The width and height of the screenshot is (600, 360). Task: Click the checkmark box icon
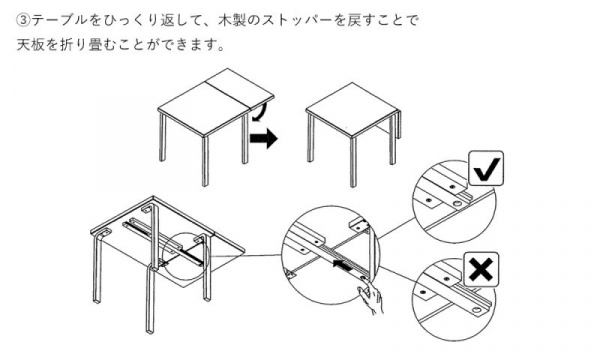point(486,168)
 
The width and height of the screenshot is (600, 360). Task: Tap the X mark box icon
point(481,269)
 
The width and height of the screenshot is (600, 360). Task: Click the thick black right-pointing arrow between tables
point(263,138)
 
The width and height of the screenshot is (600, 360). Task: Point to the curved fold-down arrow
point(260,113)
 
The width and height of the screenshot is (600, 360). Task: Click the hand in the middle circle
point(370,296)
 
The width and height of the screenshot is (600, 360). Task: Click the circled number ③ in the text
point(23,20)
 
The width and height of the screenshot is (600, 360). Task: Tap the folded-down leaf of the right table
point(398,124)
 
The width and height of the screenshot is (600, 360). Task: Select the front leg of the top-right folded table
point(353,161)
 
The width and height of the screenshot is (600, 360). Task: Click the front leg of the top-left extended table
point(205,161)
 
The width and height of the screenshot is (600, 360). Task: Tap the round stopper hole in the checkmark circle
point(457,204)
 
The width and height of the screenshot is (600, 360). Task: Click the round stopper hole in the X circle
point(477,310)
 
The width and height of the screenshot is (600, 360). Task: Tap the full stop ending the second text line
point(220,49)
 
